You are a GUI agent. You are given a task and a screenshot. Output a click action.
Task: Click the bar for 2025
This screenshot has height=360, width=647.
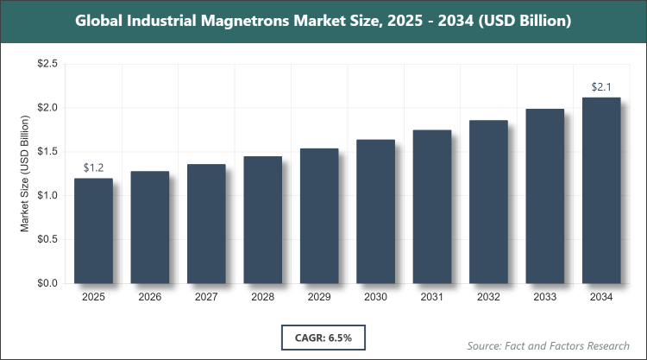(93, 231)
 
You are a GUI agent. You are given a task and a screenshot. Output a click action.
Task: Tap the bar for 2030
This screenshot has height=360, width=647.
(375, 212)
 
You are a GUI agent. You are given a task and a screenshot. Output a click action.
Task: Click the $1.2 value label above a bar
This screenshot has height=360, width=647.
(93, 167)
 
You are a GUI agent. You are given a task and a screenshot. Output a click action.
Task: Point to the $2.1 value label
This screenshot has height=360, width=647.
(601, 86)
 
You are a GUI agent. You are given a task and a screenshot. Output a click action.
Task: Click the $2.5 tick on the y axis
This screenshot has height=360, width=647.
(47, 64)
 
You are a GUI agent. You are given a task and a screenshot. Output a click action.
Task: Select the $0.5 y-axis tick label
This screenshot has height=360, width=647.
(47, 239)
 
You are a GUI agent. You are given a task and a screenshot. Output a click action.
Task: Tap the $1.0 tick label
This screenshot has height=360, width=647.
(47, 195)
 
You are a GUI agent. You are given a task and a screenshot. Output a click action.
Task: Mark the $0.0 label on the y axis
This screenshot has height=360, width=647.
(47, 283)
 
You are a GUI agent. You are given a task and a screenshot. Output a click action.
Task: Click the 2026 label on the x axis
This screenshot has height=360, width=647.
(150, 298)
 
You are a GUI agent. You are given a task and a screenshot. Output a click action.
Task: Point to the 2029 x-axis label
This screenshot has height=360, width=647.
(319, 298)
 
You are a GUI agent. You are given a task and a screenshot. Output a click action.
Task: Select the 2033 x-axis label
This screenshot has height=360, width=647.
(544, 298)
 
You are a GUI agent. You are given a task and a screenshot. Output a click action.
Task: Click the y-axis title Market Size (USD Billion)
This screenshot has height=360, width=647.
(25, 174)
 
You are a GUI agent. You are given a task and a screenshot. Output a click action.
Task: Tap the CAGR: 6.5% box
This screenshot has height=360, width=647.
(323, 335)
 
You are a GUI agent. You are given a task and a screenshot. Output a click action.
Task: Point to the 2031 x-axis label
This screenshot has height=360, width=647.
(431, 298)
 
